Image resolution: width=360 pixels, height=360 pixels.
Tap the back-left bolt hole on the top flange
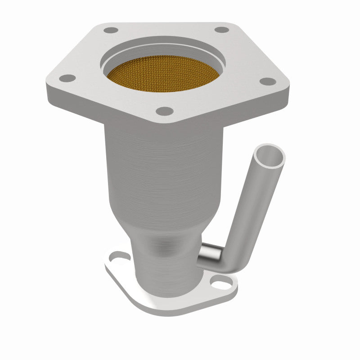(111, 30)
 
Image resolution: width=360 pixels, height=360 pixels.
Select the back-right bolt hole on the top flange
(221, 30)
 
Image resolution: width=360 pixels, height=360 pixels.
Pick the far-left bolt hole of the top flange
(67, 78)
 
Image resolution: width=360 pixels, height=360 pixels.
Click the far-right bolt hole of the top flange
(268, 81)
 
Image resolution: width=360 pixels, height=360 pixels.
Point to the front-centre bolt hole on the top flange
(165, 111)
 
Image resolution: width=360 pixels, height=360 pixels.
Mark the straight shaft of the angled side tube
(252, 207)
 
